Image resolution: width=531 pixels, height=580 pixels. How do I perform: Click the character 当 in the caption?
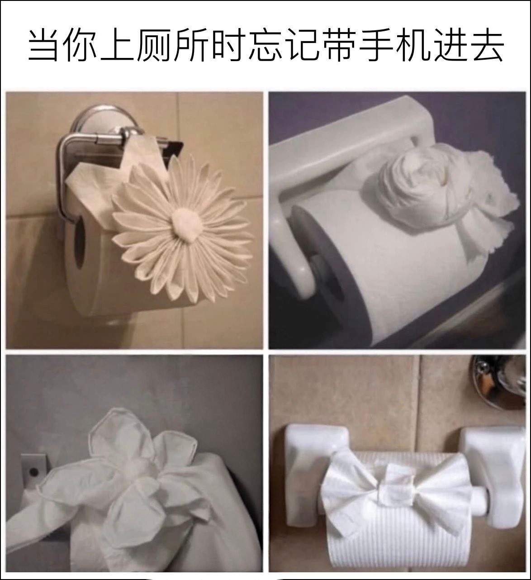[x=44, y=44]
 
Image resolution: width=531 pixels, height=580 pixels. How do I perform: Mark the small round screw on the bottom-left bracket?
[x=34, y=472]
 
